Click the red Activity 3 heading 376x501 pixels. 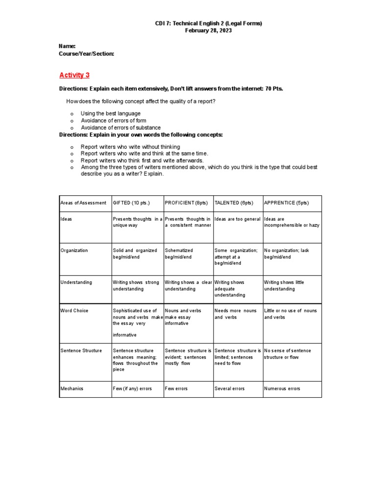pyautogui.click(x=74, y=75)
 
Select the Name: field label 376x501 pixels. pyautogui.click(x=67, y=46)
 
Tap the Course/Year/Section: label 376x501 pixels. pyautogui.click(x=86, y=53)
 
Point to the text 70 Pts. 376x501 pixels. pyautogui.click(x=272, y=89)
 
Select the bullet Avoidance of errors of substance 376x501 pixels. pyautogui.click(x=120, y=128)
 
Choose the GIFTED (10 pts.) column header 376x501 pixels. pyautogui.click(x=131, y=203)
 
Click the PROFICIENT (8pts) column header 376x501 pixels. pyautogui.click(x=186, y=203)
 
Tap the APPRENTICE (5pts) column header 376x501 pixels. pyautogui.click(x=286, y=203)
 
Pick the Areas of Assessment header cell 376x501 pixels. pyautogui.click(x=83, y=203)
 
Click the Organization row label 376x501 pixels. pyautogui.click(x=74, y=250)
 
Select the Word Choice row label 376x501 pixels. pyautogui.click(x=73, y=311)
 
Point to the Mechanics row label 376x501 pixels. pyautogui.click(x=72, y=388)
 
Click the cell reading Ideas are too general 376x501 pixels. pyautogui.click(x=237, y=219)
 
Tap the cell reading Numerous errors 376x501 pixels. pyautogui.click(x=282, y=388)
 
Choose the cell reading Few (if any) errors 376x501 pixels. pyautogui.click(x=132, y=388)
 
